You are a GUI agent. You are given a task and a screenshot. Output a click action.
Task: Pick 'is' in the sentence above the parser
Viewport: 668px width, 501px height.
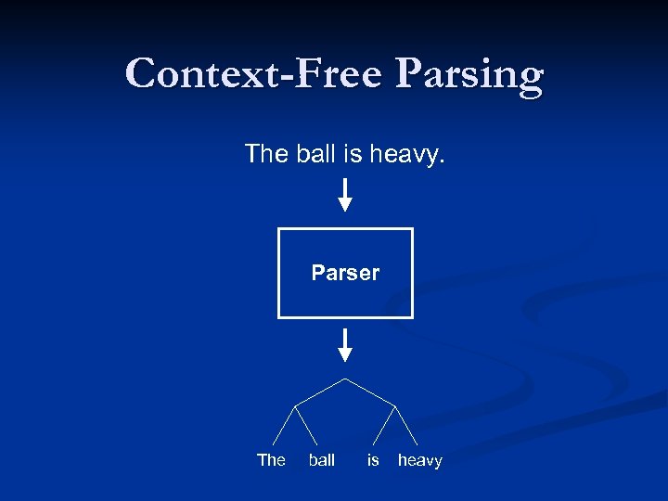pos(353,153)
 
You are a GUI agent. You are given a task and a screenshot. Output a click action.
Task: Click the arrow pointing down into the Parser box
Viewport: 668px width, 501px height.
pos(345,195)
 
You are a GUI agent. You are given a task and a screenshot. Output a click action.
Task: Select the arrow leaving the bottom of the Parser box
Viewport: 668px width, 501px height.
pos(345,344)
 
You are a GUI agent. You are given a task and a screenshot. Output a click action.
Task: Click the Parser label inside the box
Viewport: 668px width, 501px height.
pos(345,273)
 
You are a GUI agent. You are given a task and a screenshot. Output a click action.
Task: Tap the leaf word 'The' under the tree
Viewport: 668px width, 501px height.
pos(271,460)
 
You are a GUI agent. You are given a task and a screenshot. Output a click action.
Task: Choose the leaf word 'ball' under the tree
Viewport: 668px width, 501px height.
pos(321,460)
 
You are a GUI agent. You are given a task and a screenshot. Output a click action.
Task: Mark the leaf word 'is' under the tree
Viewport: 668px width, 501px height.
pos(373,460)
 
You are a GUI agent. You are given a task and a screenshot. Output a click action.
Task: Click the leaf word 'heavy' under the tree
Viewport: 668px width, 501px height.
pos(420,460)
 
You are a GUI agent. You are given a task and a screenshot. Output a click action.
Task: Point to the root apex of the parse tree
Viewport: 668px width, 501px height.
pos(345,379)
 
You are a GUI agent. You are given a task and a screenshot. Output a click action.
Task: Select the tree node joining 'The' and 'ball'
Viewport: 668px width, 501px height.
pos(296,405)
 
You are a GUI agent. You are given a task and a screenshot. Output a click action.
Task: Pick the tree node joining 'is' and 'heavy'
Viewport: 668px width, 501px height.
pos(396,405)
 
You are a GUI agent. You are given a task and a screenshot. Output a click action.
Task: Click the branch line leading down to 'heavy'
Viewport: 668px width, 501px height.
pos(408,426)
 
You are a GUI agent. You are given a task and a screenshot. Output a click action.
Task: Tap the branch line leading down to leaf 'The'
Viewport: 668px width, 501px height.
pos(284,426)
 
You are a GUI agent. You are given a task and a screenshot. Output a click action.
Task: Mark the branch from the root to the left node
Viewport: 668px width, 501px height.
pos(320,392)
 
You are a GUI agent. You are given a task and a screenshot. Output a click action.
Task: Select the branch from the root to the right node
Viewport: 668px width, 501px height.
pos(371,392)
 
